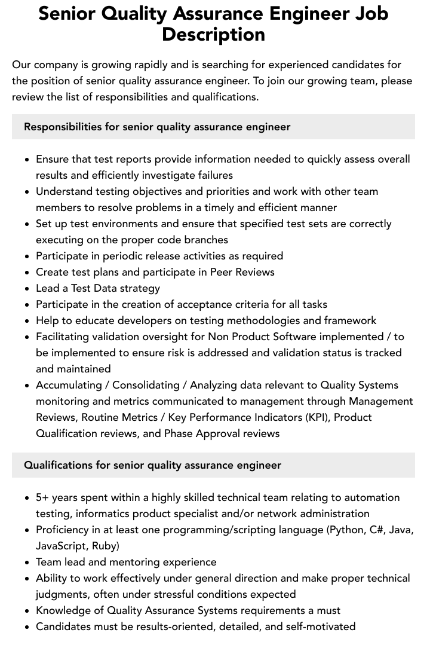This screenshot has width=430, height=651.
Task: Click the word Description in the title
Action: (x=213, y=35)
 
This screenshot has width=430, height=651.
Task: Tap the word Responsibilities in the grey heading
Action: (x=63, y=127)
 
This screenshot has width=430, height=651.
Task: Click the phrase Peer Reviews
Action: (x=242, y=272)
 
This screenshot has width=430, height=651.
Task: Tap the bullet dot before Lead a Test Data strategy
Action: (x=27, y=289)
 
